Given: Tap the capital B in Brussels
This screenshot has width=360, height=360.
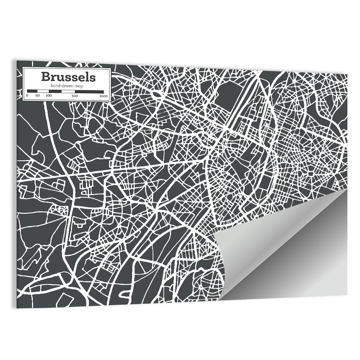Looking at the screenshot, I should click(x=45, y=77).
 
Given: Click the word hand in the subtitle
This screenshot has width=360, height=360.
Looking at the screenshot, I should click(x=55, y=85).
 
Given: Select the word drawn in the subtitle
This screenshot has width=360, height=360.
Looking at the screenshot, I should click(x=65, y=85).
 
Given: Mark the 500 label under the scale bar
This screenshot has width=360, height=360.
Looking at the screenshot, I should click(x=75, y=96).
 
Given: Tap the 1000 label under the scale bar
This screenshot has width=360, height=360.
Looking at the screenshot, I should click(x=104, y=96).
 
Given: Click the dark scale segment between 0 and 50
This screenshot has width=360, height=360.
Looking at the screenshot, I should click(x=32, y=91).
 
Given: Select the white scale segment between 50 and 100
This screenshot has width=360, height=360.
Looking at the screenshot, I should click(x=43, y=91).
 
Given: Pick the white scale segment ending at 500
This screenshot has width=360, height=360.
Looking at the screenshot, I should click(x=68, y=91).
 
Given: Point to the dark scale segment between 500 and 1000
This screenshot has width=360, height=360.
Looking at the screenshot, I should click(x=89, y=91).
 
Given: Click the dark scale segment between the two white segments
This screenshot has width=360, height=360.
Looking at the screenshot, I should click(x=55, y=91).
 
